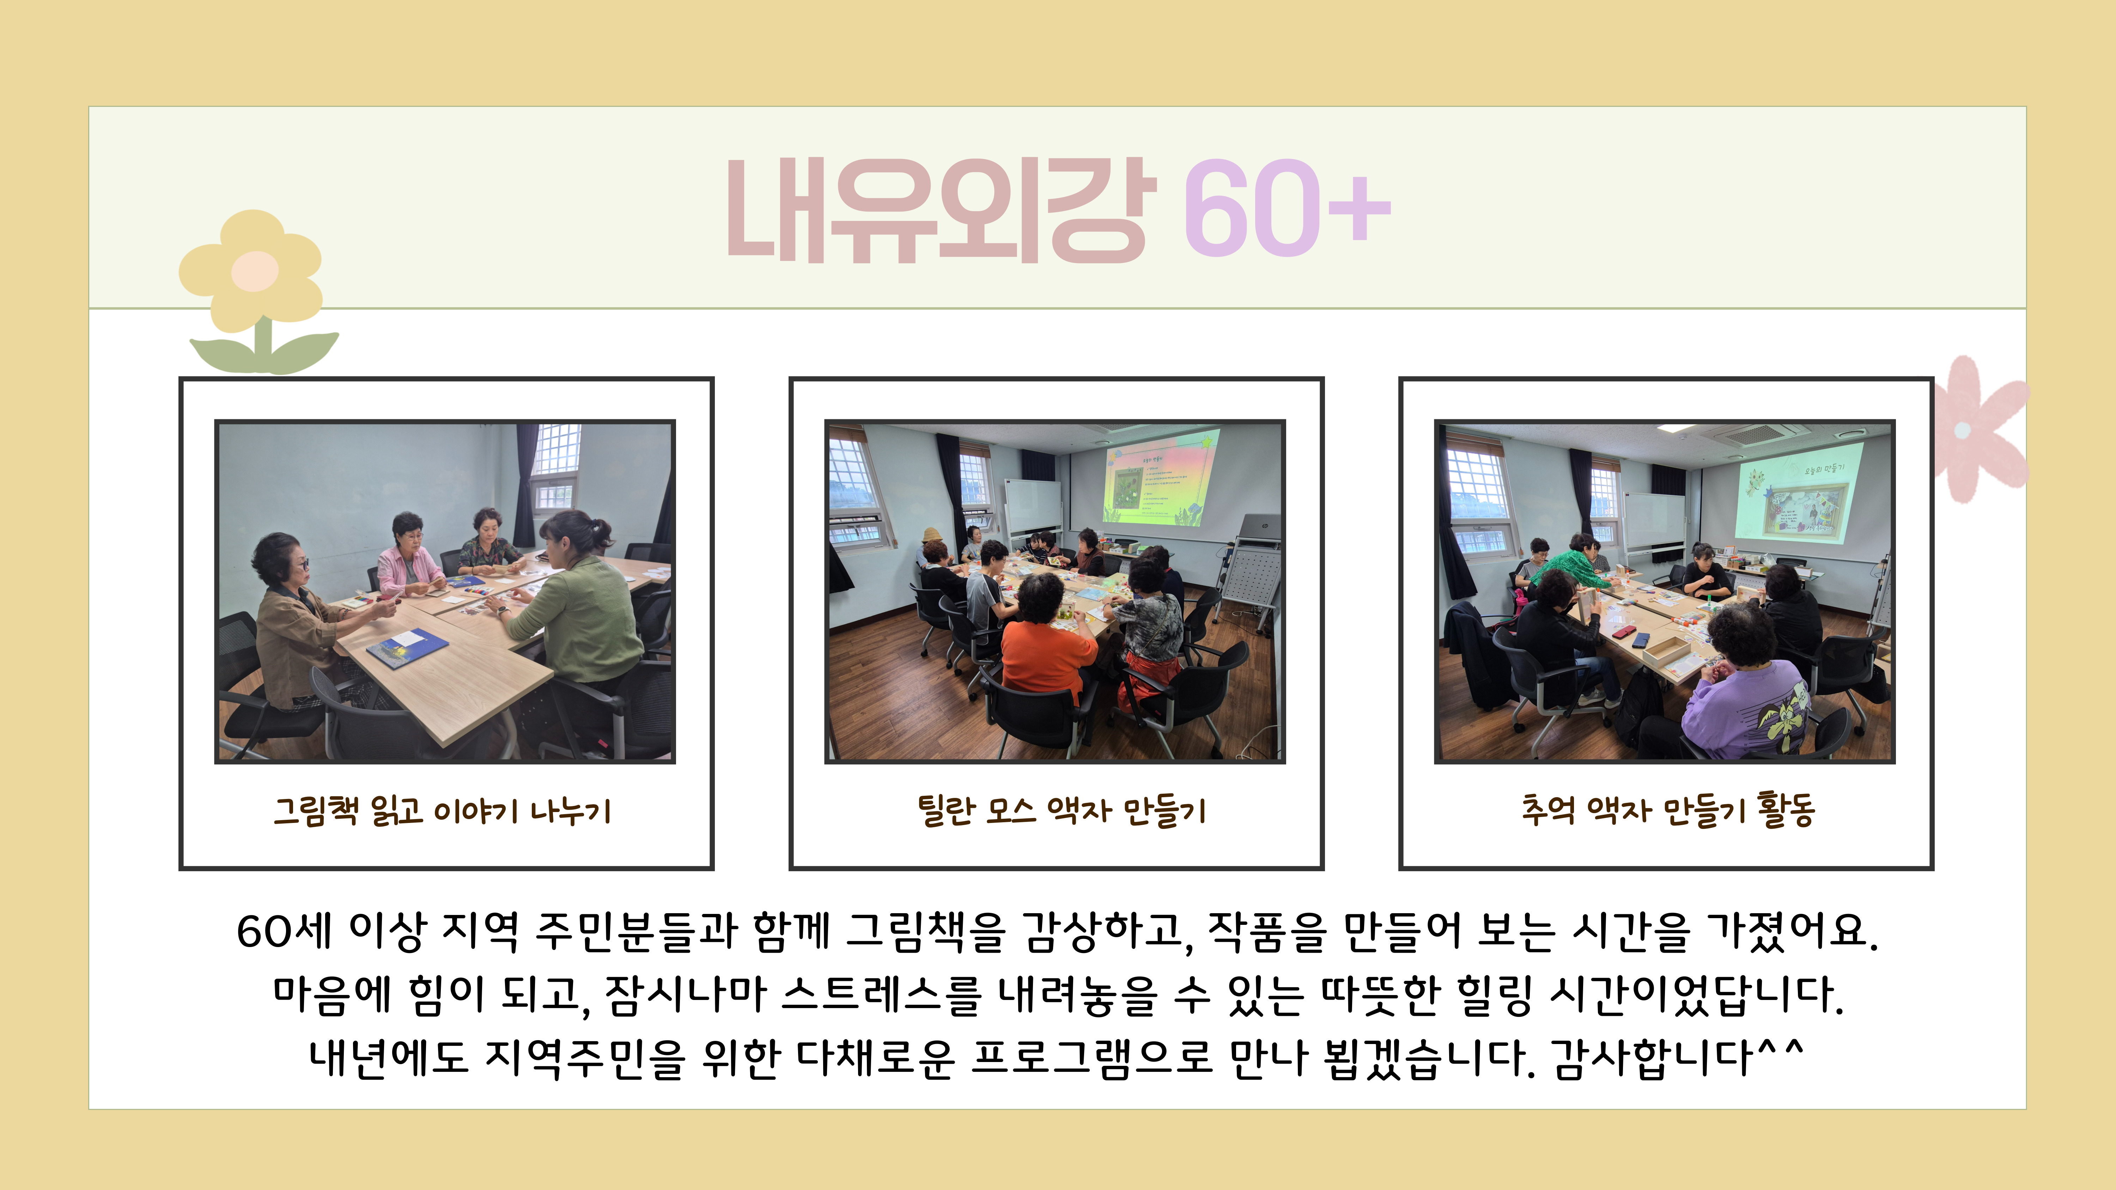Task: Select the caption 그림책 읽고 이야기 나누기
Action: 443,811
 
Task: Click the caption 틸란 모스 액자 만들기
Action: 1061,811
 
